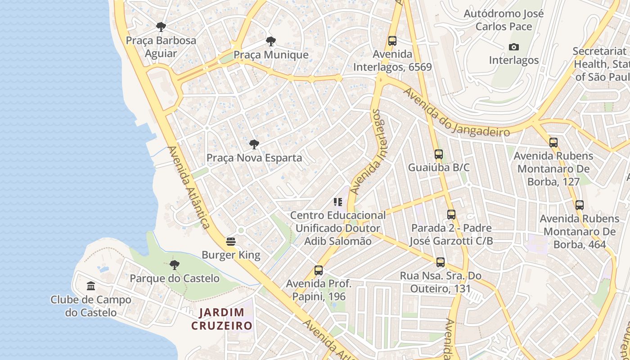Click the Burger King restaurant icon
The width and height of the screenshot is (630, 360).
pos(231,242)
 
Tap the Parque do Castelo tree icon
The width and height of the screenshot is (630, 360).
pos(174,265)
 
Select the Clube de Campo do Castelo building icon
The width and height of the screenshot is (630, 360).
pos(91,286)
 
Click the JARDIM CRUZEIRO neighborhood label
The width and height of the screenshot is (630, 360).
pos(222,319)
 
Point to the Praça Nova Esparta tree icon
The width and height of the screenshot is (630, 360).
pos(254,144)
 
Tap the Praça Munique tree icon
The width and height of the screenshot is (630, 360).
pos(270,41)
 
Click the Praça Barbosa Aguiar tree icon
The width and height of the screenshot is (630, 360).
pos(161,27)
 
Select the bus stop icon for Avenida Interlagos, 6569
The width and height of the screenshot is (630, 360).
pos(392,41)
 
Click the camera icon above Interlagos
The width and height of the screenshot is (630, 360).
pos(513,47)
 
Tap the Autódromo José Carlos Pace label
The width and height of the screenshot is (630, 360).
pos(504,20)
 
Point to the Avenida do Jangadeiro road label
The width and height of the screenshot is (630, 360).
pos(456,112)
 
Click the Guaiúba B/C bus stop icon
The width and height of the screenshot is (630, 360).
pos(439,154)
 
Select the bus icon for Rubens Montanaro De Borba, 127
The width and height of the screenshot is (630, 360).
pos(553,143)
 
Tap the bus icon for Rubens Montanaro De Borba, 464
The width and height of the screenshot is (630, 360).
pos(580,205)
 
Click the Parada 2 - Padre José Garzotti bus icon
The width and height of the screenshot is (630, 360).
pos(451,215)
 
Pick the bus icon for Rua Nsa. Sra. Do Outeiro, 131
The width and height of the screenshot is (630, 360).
pos(441,262)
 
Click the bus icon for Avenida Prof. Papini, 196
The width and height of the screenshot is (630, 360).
pos(319,270)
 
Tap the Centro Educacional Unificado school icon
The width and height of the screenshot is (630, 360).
pos(338,202)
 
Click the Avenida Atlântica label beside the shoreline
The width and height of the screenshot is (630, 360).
pos(189,187)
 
